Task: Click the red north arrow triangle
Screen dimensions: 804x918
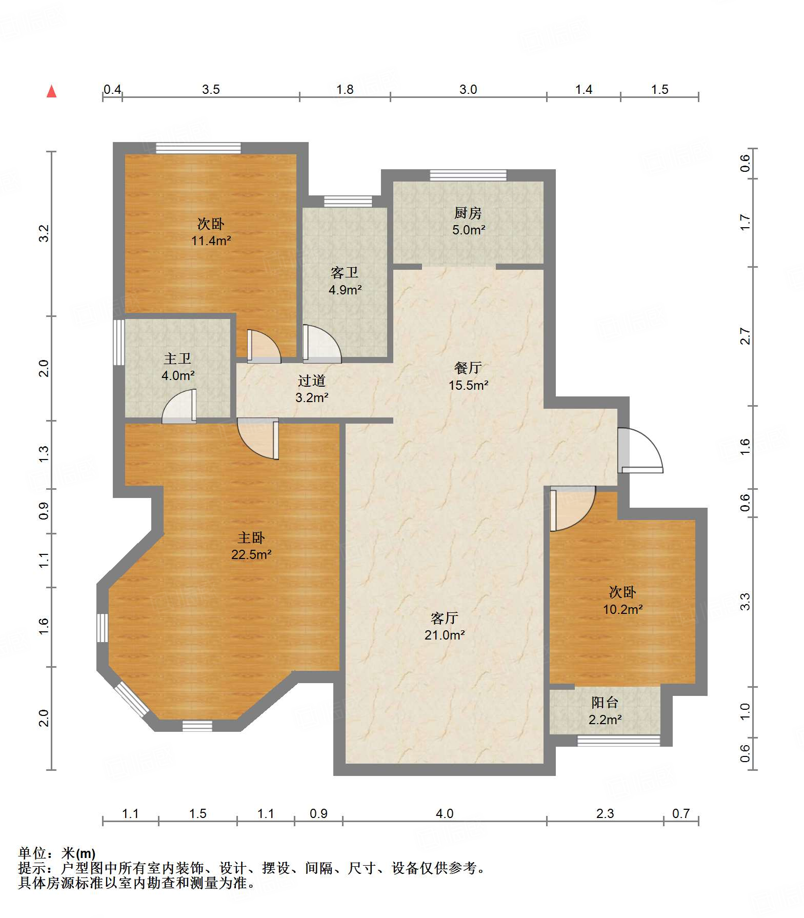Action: pyautogui.click(x=51, y=91)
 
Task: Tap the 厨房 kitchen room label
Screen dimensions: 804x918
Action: pyautogui.click(x=468, y=213)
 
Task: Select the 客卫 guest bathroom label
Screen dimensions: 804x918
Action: pyautogui.click(x=345, y=272)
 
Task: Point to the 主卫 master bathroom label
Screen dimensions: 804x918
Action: pyautogui.click(x=177, y=358)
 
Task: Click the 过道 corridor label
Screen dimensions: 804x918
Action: pyautogui.click(x=312, y=381)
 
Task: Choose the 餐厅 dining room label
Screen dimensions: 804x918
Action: pyautogui.click(x=468, y=368)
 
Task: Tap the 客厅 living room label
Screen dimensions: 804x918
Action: pyautogui.click(x=444, y=617)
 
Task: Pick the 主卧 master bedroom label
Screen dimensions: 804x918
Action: pyautogui.click(x=251, y=537)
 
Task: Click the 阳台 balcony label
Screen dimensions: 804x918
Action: pyautogui.click(x=605, y=702)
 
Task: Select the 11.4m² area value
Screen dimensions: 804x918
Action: pyautogui.click(x=211, y=241)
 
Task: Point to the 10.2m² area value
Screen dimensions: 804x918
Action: pyautogui.click(x=622, y=609)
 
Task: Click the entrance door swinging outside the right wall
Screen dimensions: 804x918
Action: pyautogui.click(x=640, y=450)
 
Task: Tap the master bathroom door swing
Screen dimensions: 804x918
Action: pyautogui.click(x=179, y=406)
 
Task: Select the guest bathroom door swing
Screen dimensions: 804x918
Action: pyautogui.click(x=322, y=344)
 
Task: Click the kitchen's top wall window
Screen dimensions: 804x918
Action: pyautogui.click(x=468, y=175)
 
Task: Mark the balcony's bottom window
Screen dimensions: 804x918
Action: pyautogui.click(x=618, y=741)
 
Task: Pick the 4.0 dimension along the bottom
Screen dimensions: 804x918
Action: pyautogui.click(x=445, y=813)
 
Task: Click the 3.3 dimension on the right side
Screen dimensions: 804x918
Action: pyautogui.click(x=745, y=602)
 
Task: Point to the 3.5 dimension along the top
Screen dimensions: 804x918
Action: pyautogui.click(x=211, y=90)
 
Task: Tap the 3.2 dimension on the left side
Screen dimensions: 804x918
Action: pyautogui.click(x=45, y=234)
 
